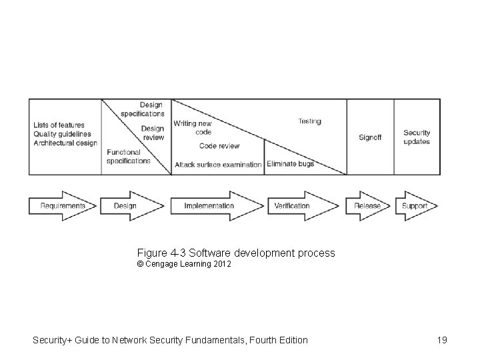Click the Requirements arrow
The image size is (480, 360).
63,206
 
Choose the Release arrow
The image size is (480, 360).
367,206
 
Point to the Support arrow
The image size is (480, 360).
415,206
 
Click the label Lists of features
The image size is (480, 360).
59,125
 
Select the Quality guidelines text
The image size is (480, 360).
62,134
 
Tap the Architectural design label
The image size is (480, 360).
65,143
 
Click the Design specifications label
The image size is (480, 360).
143,109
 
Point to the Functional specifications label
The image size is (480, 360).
129,157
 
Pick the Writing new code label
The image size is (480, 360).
193,127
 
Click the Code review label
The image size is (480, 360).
219,146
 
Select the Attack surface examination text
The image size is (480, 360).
218,165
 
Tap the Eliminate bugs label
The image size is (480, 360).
290,164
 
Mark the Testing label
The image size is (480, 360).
309,121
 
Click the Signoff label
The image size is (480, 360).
370,137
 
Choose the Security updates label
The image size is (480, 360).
417,137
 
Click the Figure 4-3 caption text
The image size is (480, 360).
236,253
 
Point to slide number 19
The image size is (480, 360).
442,340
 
